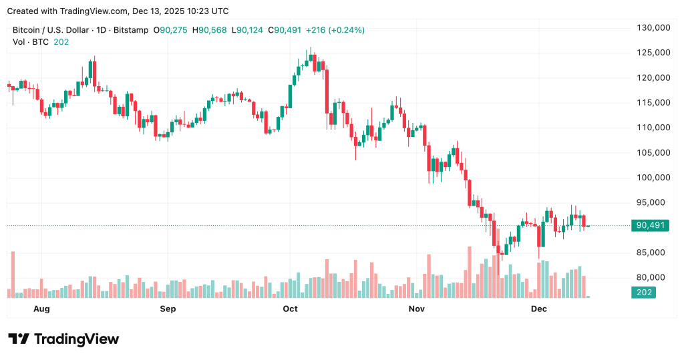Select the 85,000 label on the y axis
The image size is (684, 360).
[x=653, y=252]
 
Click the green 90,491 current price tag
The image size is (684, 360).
[x=650, y=226]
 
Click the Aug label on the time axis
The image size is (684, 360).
[x=41, y=309]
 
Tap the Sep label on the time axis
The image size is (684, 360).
[x=168, y=309]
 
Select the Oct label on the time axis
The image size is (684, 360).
[x=290, y=309]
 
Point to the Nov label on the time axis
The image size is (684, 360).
[x=416, y=309]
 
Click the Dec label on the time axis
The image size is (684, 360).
[x=538, y=309]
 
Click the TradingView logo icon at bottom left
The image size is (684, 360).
[x=18, y=339]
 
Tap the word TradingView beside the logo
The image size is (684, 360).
[x=75, y=339]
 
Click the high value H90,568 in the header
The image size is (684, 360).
[x=210, y=30]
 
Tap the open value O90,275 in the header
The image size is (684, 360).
[x=172, y=30]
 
